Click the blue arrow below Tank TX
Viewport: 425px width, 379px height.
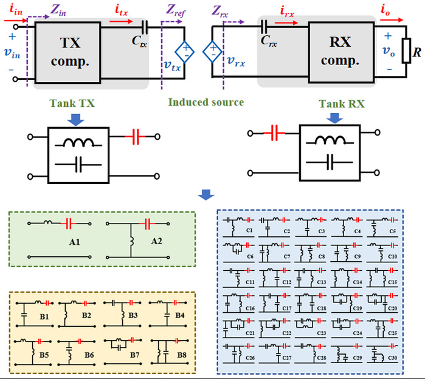75,121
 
